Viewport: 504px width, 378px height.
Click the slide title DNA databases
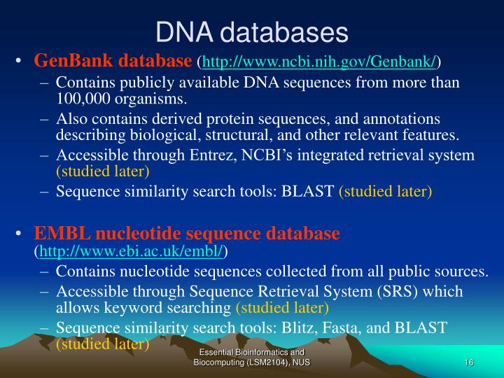click(251, 31)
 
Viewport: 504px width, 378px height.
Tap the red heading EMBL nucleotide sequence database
click(187, 233)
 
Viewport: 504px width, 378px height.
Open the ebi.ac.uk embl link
click(131, 250)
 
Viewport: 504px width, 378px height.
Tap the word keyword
click(125, 307)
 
